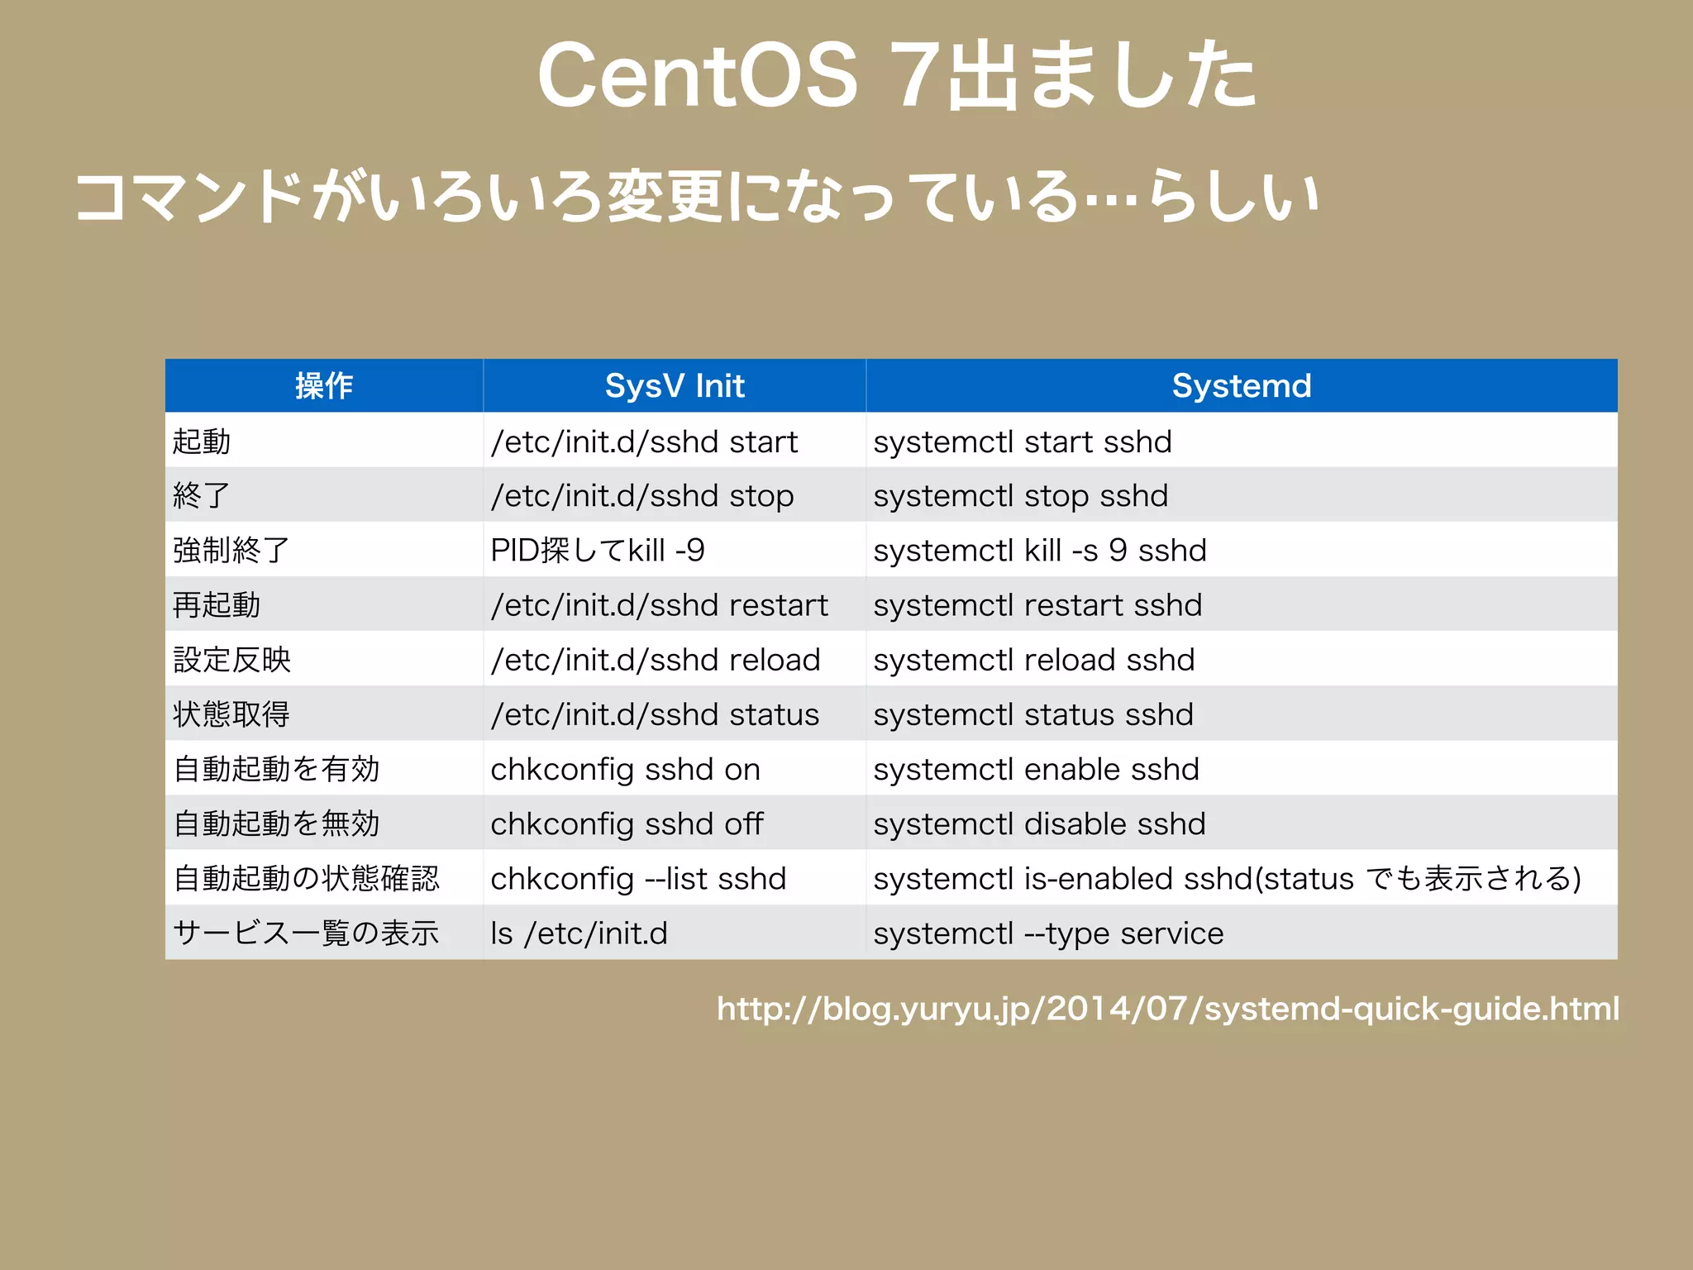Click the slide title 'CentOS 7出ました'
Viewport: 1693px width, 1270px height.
[x=897, y=76]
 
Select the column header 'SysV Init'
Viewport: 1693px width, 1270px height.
[x=675, y=386]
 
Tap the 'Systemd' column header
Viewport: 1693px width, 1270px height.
[x=1242, y=386]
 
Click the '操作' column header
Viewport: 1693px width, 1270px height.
[x=324, y=386]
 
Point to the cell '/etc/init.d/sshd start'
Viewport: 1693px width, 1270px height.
[x=644, y=442]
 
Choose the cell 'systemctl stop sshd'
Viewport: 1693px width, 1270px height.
[x=1020, y=496]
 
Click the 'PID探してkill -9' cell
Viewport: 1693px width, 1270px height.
[x=597, y=551]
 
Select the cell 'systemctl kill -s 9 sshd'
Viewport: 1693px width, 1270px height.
[x=1039, y=551]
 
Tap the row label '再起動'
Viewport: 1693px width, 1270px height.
[x=217, y=605]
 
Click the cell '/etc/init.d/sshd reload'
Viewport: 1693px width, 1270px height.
[x=655, y=660]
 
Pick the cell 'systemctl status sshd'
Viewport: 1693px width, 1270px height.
[x=1032, y=714]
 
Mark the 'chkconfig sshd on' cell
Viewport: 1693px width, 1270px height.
[x=625, y=769]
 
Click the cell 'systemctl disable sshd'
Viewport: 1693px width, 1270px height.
[x=1039, y=824]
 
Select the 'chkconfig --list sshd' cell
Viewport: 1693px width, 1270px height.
[x=637, y=878]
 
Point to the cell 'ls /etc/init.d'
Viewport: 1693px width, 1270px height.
[x=579, y=933]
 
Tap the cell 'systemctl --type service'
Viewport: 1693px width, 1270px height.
[x=1047, y=933]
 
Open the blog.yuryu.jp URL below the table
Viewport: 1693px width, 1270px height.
[x=1167, y=1009]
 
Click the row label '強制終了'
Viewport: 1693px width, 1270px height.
[x=231, y=551]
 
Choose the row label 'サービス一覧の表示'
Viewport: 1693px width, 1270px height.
[x=306, y=933]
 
